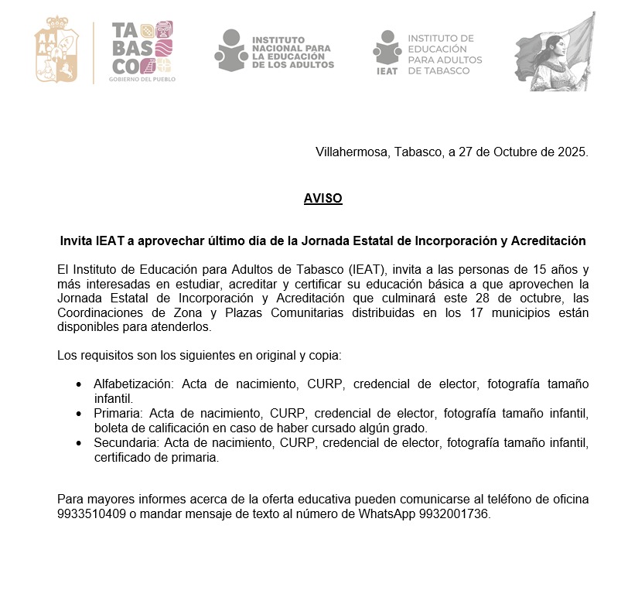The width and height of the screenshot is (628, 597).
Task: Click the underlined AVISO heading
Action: [x=323, y=199]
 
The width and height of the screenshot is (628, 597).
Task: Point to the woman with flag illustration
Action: [x=555, y=53]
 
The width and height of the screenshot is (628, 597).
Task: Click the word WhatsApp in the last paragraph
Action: [x=387, y=513]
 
